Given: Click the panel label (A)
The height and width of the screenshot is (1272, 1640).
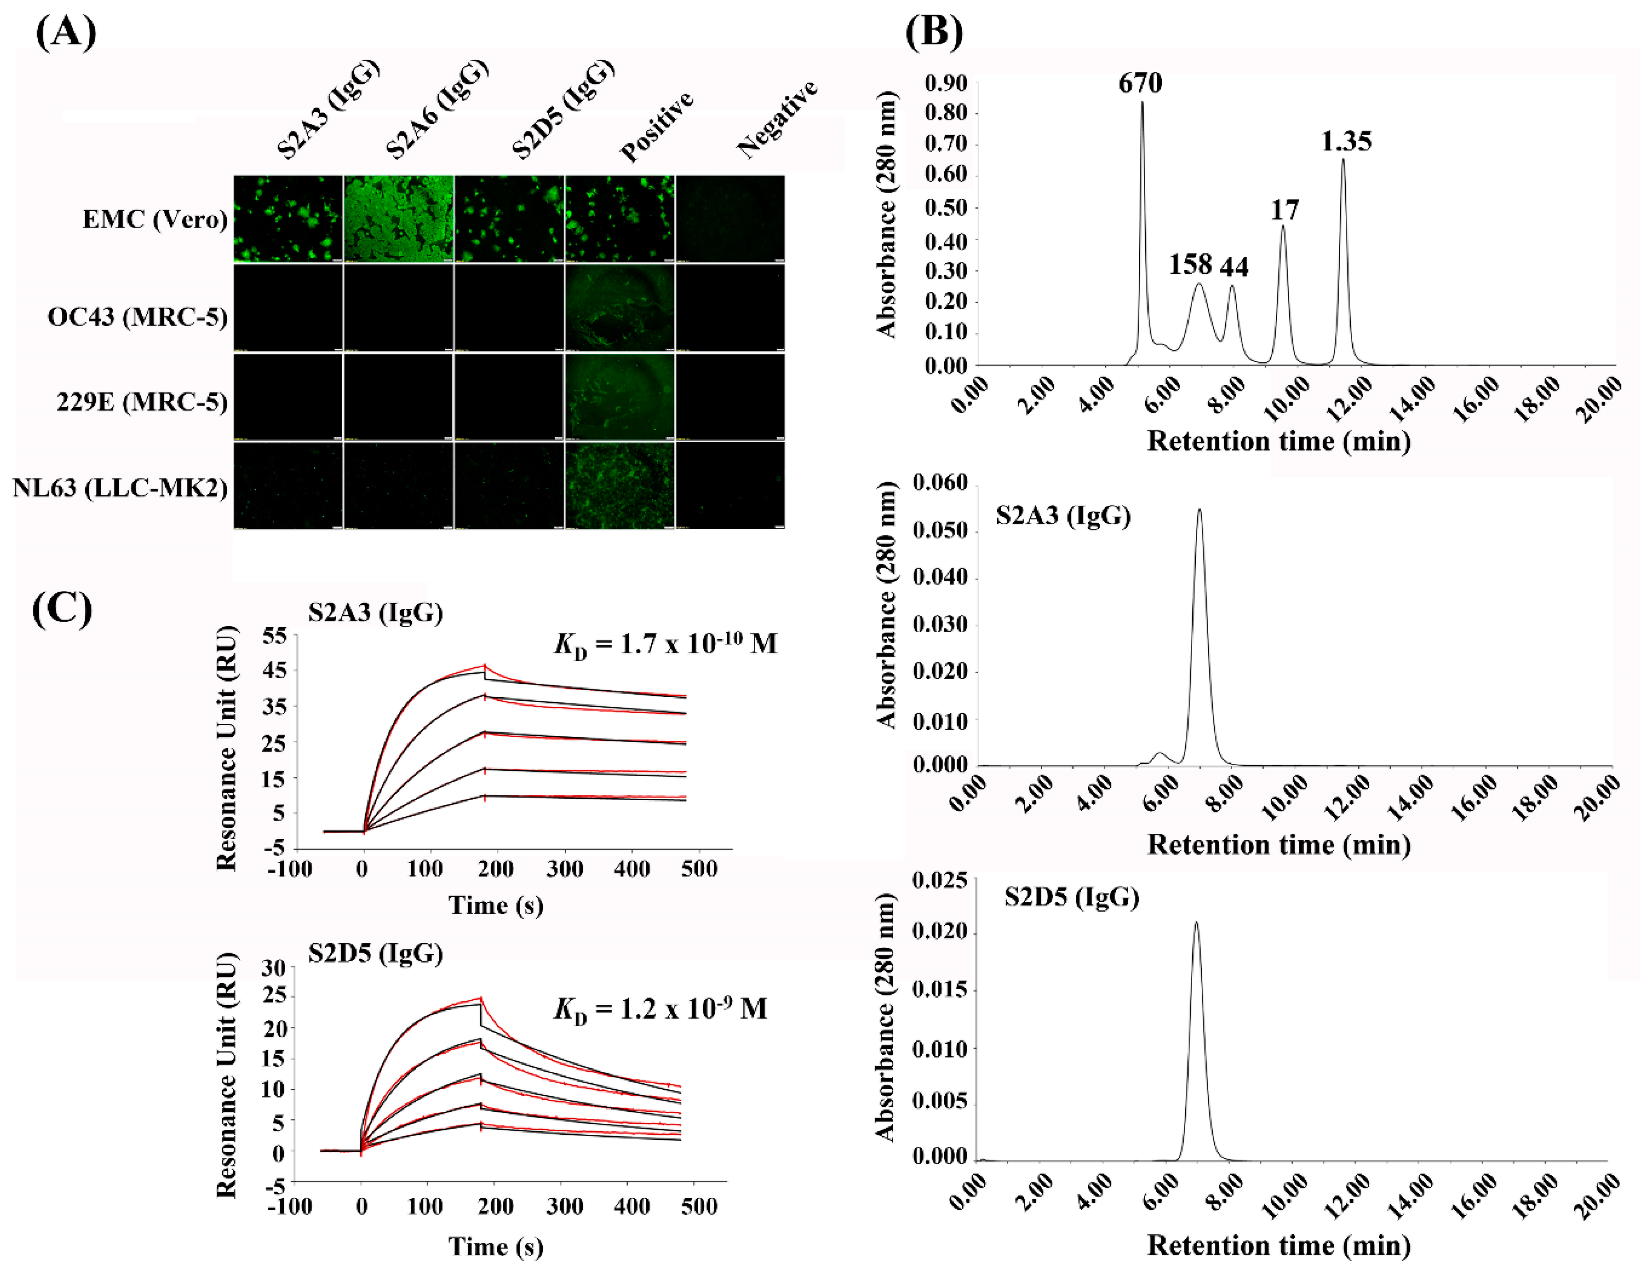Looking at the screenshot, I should [66, 32].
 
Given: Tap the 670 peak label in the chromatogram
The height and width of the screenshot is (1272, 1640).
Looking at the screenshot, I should [1140, 83].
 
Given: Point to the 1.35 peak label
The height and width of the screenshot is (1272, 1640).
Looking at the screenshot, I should [1346, 141].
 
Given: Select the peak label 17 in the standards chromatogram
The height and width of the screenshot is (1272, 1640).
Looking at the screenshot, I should [1284, 210].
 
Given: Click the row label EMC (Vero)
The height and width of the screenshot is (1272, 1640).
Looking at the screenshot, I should [155, 219].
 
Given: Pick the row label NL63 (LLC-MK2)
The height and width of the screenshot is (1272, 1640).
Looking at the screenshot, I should [120, 488].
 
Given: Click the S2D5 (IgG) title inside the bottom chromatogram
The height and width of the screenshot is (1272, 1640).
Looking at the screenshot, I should [1071, 897].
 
